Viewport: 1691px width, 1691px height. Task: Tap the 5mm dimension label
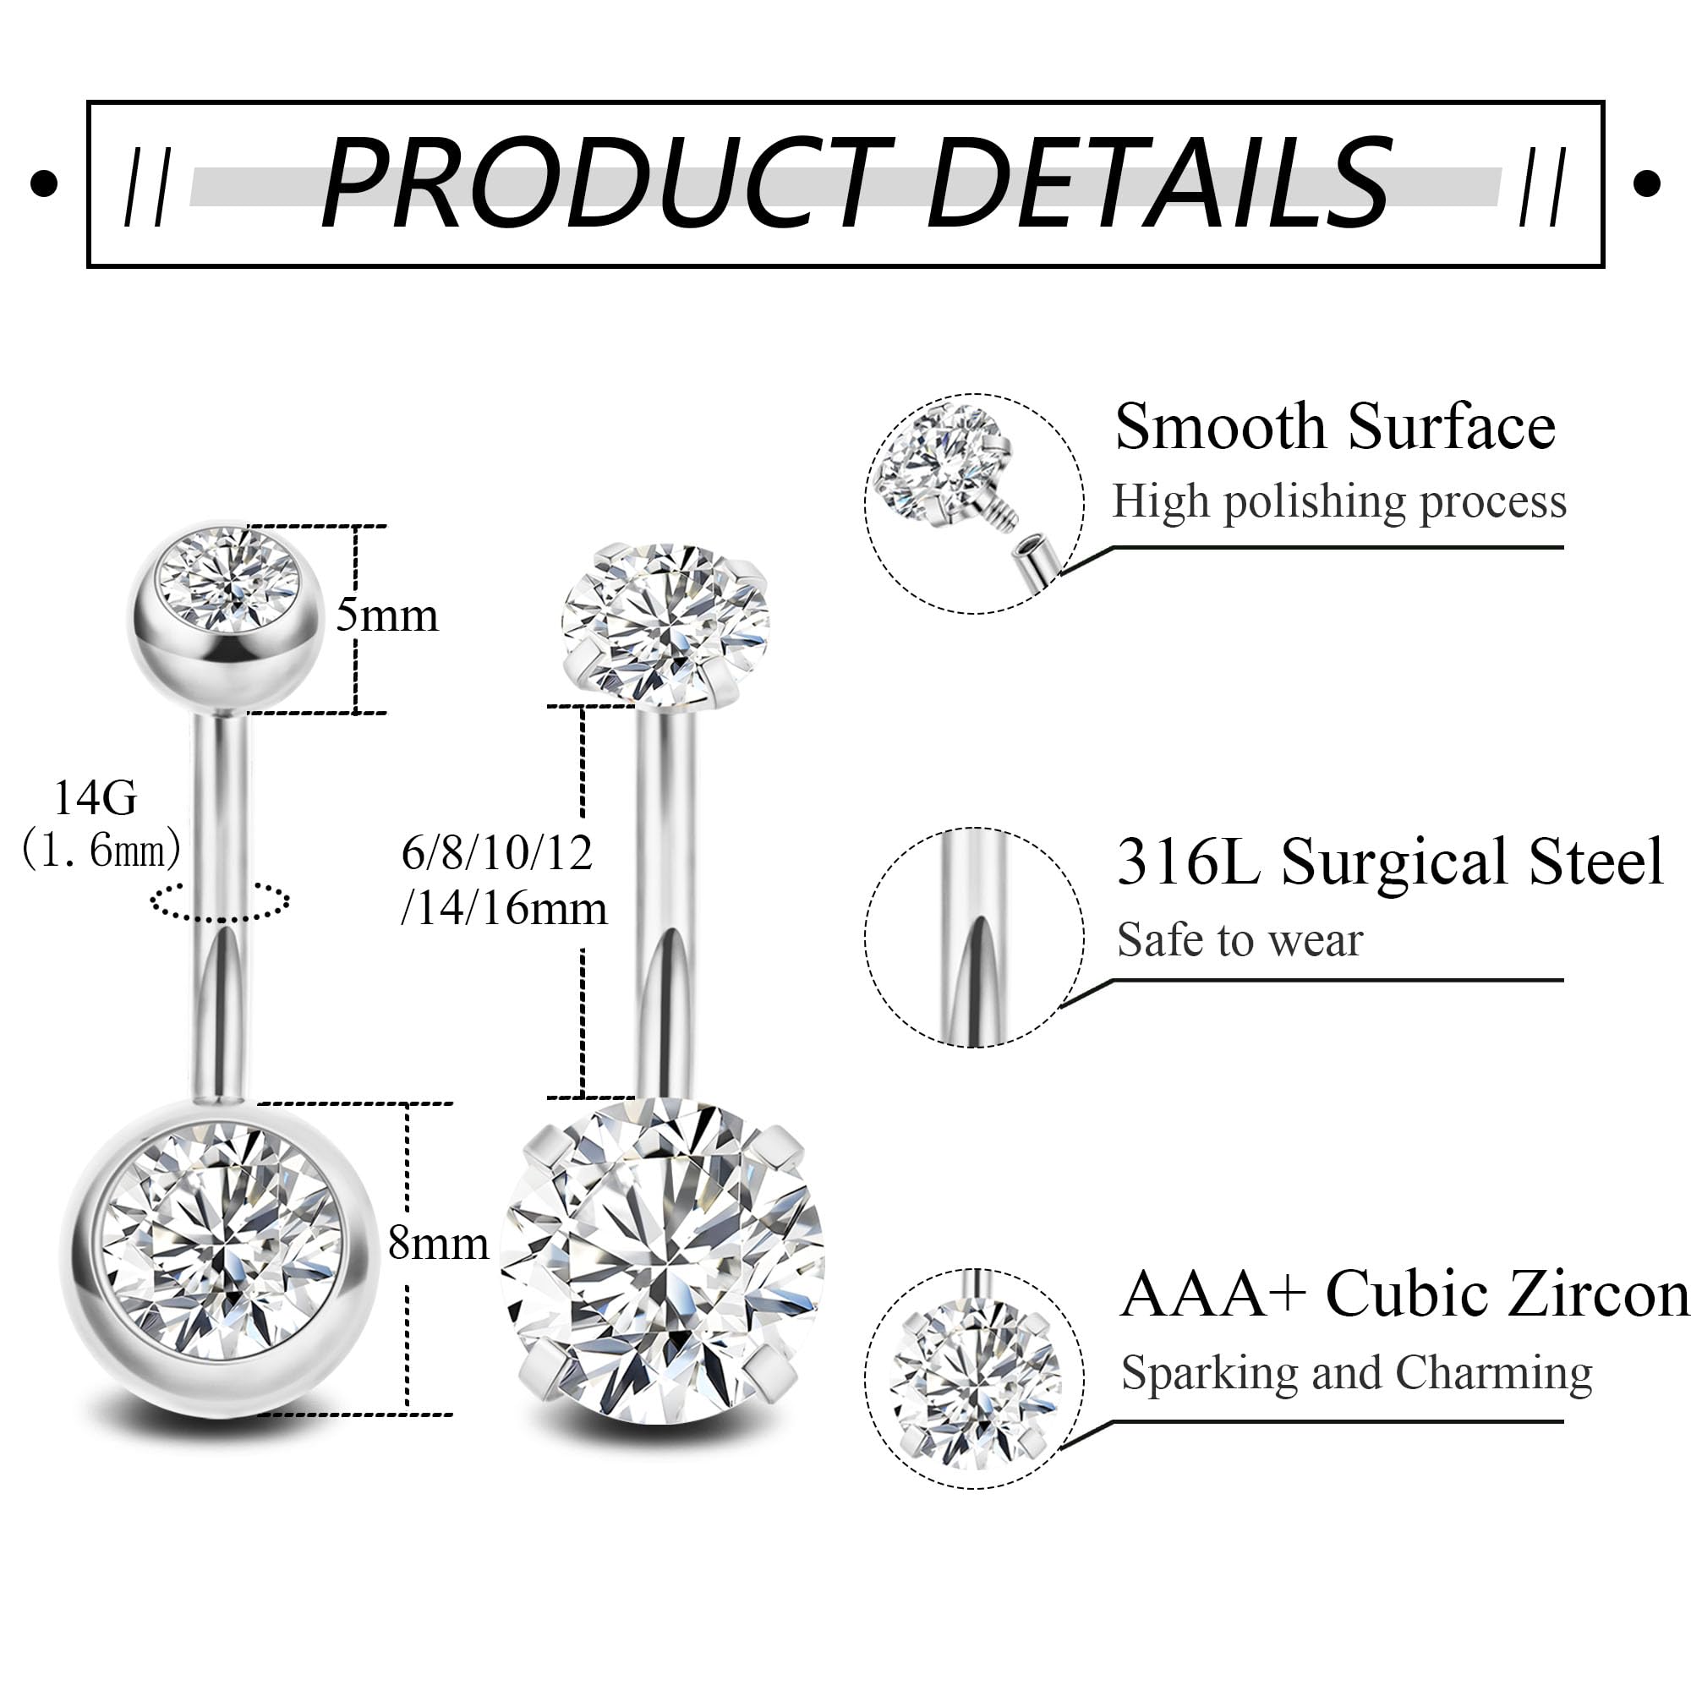[x=387, y=616]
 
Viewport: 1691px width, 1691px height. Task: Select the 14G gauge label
[x=96, y=798]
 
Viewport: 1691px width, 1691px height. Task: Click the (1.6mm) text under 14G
[x=101, y=849]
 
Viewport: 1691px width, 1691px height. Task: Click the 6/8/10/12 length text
[x=497, y=852]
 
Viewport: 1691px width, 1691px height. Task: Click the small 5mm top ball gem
[x=227, y=579]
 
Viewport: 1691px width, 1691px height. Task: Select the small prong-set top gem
[x=665, y=621]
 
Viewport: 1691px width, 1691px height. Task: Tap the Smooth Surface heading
[x=1335, y=427]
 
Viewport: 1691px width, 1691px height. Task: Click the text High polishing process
[x=1339, y=502]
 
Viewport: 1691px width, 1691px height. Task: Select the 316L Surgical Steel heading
[x=1390, y=862]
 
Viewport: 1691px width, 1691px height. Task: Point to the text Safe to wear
[x=1240, y=940]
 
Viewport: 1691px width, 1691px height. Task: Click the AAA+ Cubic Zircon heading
[x=1404, y=1294]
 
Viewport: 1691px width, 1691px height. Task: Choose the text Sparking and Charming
[x=1357, y=1372]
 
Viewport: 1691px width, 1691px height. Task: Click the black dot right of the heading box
[x=1646, y=183]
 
